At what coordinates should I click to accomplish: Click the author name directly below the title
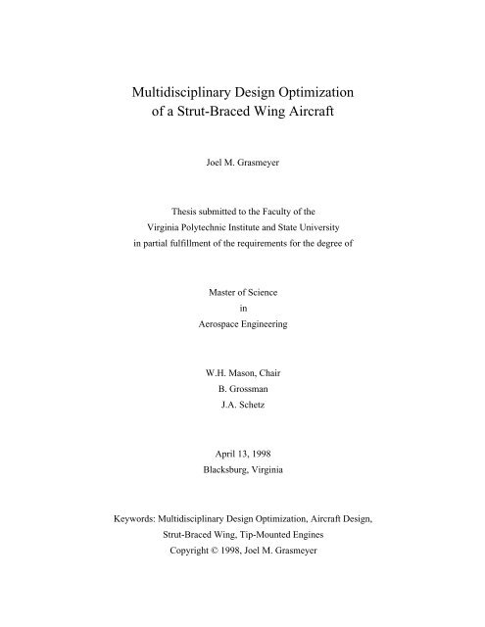click(241, 181)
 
